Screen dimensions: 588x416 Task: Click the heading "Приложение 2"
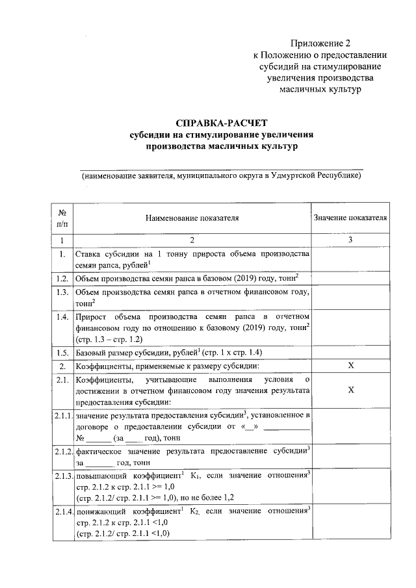click(x=320, y=44)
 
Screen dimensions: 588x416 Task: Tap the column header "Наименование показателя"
click(x=192, y=219)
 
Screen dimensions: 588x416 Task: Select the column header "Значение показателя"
click(x=351, y=218)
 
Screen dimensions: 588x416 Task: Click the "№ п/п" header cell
click(x=62, y=218)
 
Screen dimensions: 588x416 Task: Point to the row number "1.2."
click(x=62, y=278)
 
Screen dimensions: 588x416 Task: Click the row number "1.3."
click(x=62, y=292)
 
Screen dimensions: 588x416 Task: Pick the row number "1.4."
click(x=62, y=317)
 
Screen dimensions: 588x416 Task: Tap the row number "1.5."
click(x=62, y=353)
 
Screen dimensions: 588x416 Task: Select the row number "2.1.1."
click(x=62, y=415)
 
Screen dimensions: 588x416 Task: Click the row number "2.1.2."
click(x=62, y=451)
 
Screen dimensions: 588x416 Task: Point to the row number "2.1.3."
click(x=62, y=476)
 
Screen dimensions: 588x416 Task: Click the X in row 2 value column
click(x=351, y=366)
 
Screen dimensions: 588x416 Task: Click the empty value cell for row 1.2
click(x=351, y=278)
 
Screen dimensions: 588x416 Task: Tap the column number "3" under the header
click(x=351, y=240)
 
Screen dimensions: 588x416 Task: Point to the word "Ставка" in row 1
click(x=89, y=254)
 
